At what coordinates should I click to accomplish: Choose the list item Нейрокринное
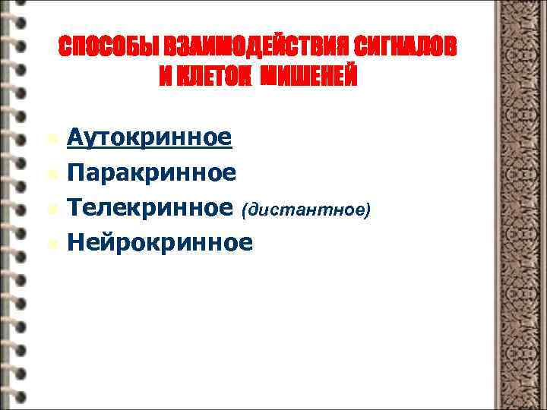click(159, 242)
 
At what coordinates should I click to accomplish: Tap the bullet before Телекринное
click(51, 209)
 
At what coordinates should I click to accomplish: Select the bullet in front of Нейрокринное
click(51, 244)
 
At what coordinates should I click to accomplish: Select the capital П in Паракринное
click(74, 172)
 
